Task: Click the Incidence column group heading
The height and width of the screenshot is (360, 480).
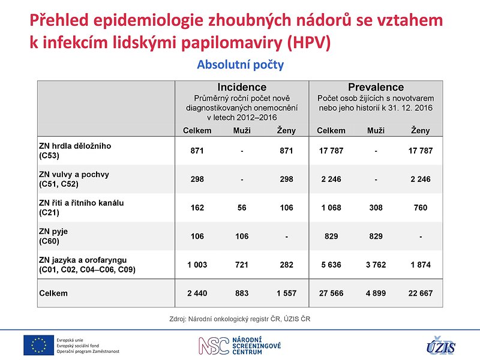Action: (242, 87)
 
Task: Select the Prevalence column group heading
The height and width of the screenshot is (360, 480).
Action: (376, 87)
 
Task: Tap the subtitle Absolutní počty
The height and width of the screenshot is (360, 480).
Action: (241, 65)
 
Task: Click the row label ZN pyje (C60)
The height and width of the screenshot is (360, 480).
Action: (53, 236)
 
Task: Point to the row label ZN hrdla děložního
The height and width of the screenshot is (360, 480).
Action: (75, 146)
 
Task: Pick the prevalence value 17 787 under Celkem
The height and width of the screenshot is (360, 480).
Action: (331, 151)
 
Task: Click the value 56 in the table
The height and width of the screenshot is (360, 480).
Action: (242, 208)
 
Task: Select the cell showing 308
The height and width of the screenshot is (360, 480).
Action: (376, 208)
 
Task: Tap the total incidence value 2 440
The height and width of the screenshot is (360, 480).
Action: (197, 293)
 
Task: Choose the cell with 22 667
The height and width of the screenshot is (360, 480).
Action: (421, 293)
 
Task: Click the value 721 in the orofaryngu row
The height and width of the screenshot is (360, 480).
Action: (242, 265)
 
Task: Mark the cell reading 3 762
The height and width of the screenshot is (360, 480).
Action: (376, 265)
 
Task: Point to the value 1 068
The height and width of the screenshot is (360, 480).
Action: (331, 208)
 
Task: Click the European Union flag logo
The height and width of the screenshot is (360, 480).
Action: (38, 345)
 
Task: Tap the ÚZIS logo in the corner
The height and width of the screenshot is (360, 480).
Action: (441, 346)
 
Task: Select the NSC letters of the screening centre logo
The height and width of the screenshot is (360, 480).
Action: (214, 346)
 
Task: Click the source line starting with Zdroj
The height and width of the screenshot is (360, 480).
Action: (239, 319)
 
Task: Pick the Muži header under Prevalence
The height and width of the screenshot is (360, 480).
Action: (376, 131)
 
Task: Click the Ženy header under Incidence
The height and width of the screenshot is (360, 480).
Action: (287, 131)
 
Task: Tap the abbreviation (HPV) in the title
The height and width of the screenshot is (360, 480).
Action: (309, 42)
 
